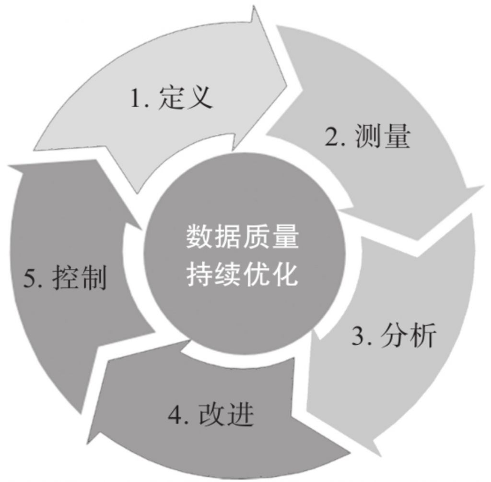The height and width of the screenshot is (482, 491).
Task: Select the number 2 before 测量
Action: click(x=332, y=137)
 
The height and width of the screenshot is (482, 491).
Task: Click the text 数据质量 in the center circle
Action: click(x=242, y=237)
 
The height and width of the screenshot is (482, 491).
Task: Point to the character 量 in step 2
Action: click(x=397, y=137)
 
